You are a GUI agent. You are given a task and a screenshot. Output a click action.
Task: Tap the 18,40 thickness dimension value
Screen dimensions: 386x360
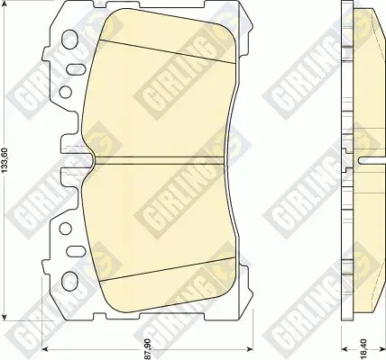[x=363, y=349]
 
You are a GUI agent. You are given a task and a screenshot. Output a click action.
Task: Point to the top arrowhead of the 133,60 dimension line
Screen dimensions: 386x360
[x=5, y=4]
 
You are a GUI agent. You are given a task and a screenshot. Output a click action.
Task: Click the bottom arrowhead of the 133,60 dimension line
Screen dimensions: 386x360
[x=5, y=318]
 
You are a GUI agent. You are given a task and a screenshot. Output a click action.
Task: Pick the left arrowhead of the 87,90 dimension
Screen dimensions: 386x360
[x=44, y=348]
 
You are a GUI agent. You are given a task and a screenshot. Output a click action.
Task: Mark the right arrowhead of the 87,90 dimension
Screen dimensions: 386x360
[x=249, y=348]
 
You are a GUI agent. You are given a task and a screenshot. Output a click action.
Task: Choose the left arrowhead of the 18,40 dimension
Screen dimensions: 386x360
[x=345, y=348]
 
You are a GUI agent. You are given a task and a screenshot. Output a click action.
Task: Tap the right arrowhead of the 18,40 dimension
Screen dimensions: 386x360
[x=382, y=348]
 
